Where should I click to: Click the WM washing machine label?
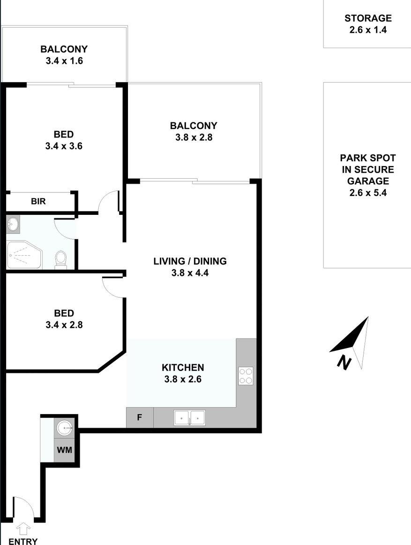pyautogui.click(x=64, y=450)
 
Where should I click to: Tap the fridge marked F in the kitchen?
pyautogui.click(x=140, y=417)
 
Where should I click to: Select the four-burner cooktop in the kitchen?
pyautogui.click(x=246, y=376)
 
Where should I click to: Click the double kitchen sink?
pyautogui.click(x=189, y=417)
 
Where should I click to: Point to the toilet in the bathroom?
pyautogui.click(x=61, y=260)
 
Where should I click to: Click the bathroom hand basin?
pyautogui.click(x=13, y=224)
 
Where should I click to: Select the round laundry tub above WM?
pyautogui.click(x=64, y=428)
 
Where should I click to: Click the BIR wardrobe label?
pyautogui.click(x=38, y=201)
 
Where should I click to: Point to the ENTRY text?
pyautogui.click(x=23, y=541)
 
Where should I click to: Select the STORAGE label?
pyautogui.click(x=368, y=18)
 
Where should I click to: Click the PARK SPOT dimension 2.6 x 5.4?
pyautogui.click(x=368, y=193)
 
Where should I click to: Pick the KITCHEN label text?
pyautogui.click(x=183, y=367)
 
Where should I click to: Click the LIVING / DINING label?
pyautogui.click(x=190, y=261)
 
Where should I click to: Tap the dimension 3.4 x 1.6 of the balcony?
pyautogui.click(x=64, y=61)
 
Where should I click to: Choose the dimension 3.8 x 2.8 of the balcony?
pyautogui.click(x=194, y=137)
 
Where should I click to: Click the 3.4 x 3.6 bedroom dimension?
pyautogui.click(x=64, y=146)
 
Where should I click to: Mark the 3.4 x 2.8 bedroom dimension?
pyautogui.click(x=64, y=325)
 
